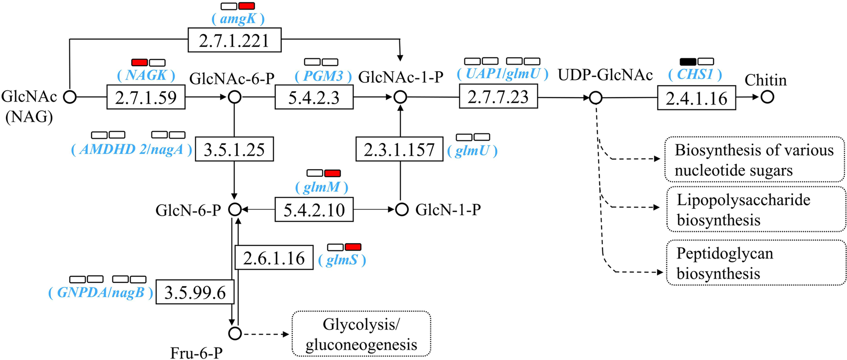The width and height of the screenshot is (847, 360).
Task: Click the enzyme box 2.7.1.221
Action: coord(234,40)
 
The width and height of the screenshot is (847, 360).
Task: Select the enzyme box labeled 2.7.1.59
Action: coord(146,97)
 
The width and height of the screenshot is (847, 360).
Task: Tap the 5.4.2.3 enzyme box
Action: coord(314,97)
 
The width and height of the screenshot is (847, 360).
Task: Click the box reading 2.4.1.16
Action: coord(696,98)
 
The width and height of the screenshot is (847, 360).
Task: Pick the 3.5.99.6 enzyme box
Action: coord(195,292)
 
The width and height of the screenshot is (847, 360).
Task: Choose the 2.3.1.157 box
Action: coord(399,149)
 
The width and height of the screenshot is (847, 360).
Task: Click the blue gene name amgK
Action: coord(238,19)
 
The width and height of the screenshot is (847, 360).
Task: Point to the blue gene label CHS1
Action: coord(695,74)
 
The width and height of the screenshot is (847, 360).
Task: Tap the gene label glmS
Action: coord(342,260)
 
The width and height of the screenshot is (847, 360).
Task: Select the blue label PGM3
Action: coord(323,75)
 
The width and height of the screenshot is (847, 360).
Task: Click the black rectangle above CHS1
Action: coord(688,61)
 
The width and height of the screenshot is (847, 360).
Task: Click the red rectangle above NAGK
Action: coord(139,62)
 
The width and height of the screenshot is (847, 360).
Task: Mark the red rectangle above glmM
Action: coord(332,173)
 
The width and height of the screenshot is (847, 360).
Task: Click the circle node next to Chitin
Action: coord(767,97)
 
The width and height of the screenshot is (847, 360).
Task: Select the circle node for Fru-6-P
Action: coord(235,333)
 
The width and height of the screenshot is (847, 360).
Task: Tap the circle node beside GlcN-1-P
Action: coord(402,209)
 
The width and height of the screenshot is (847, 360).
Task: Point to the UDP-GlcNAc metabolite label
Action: coord(605,75)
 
